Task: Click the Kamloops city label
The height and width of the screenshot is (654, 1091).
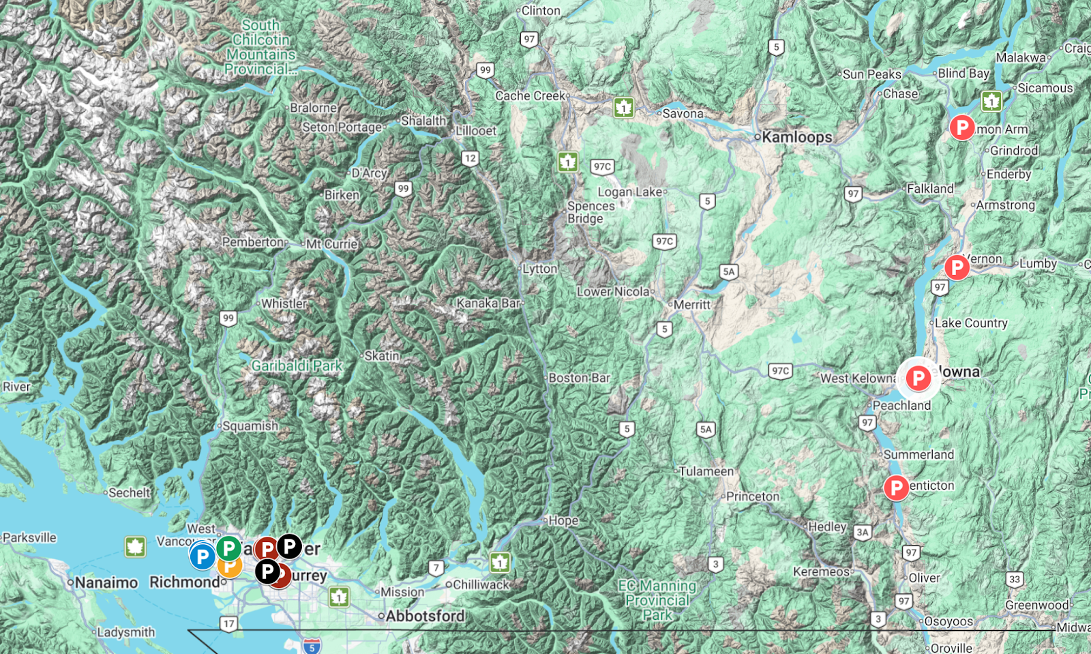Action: coord(796,137)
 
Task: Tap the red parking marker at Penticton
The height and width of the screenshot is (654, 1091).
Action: coord(896,488)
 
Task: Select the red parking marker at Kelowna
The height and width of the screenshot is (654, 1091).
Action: coord(918,378)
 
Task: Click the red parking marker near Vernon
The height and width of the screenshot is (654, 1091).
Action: coord(957,267)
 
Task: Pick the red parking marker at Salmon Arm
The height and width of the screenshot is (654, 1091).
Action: coord(961,127)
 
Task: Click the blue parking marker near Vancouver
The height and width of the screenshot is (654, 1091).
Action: coord(202,556)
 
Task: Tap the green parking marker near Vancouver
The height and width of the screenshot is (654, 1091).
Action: coord(228,548)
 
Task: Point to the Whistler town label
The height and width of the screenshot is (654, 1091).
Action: coord(284,303)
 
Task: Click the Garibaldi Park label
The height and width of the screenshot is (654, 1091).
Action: coord(297,366)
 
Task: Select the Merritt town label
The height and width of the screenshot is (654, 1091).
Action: coord(691,305)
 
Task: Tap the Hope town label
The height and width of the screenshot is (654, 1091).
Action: coord(563,520)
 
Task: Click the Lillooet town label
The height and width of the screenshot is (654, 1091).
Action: coord(476,131)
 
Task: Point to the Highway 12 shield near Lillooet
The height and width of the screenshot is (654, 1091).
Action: coord(470,159)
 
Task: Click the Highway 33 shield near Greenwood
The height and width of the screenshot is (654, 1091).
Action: coord(1015,580)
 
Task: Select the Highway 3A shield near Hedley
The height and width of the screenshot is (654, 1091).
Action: coord(863,533)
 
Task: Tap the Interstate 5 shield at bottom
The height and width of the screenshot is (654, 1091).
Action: coord(312,646)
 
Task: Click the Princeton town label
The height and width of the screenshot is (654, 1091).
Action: coord(752,496)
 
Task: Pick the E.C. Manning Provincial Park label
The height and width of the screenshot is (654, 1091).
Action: coord(657,600)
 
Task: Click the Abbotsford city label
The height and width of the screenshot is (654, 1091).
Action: coord(425,616)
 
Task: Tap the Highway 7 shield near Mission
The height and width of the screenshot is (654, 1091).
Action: coord(436,567)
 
